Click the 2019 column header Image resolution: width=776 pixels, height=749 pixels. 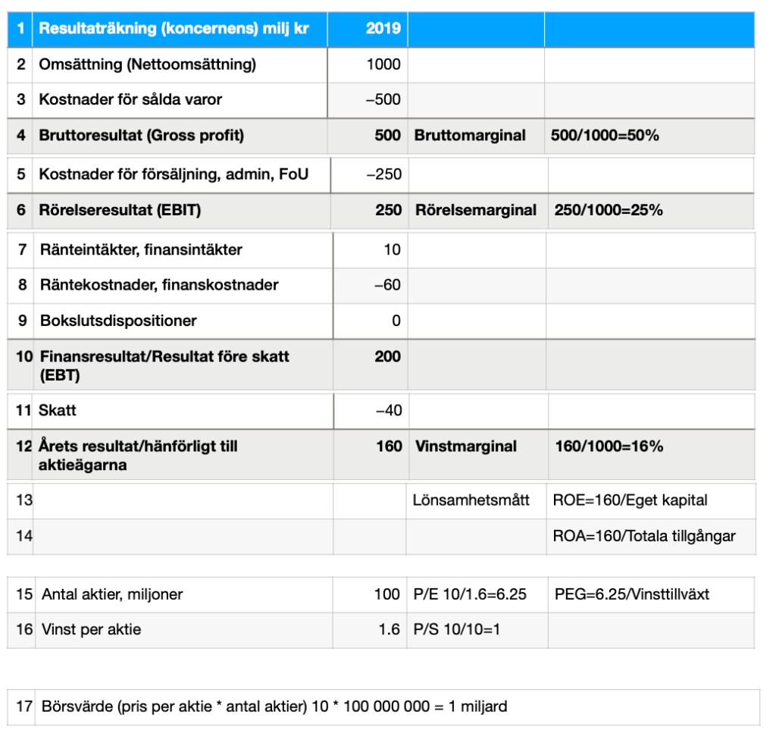pyautogui.click(x=383, y=29)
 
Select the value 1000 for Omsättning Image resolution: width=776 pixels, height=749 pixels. pyautogui.click(x=383, y=64)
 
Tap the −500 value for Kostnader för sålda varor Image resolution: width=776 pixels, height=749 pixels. pyautogui.click(x=383, y=99)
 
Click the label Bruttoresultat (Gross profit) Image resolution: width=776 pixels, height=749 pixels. pyautogui.click(x=141, y=136)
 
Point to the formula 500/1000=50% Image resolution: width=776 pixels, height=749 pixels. pyautogui.click(x=605, y=136)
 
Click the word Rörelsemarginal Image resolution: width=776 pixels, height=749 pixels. pyautogui.click(x=476, y=210)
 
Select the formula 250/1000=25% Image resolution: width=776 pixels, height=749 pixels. pyautogui.click(x=609, y=210)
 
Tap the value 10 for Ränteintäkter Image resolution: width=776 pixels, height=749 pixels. pyautogui.click(x=392, y=249)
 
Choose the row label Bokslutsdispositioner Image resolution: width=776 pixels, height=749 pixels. pyautogui.click(x=118, y=321)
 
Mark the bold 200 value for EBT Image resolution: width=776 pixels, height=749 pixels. pyautogui.click(x=387, y=356)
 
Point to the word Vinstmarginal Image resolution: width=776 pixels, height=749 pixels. pyautogui.click(x=466, y=447)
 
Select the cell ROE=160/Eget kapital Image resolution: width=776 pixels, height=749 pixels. pyautogui.click(x=630, y=500)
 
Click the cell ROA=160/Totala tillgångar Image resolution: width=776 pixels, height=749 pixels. pyautogui.click(x=644, y=536)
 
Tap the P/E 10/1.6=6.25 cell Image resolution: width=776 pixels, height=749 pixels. pyautogui.click(x=470, y=594)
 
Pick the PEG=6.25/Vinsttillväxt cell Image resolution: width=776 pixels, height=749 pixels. pyautogui.click(x=632, y=594)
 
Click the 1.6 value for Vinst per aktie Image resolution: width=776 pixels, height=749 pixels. pyautogui.click(x=390, y=629)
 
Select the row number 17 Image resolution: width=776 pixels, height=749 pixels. pyautogui.click(x=24, y=707)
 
